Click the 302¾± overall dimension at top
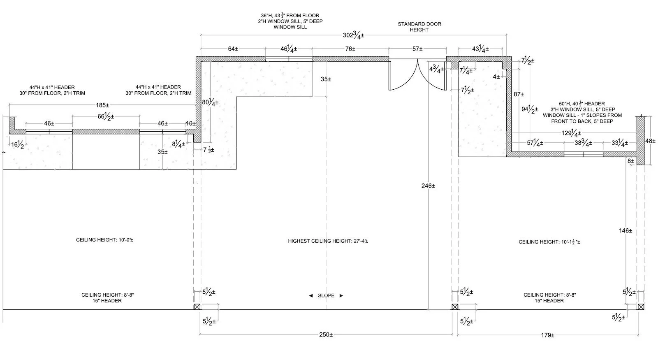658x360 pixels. [x=353, y=35]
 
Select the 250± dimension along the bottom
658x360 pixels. [x=325, y=334]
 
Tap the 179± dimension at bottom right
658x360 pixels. [x=547, y=335]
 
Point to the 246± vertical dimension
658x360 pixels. [x=428, y=186]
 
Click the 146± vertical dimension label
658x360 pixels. [x=625, y=231]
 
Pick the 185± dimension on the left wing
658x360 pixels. [x=103, y=105]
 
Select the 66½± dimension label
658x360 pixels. [x=106, y=117]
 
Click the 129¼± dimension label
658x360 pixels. [x=571, y=133]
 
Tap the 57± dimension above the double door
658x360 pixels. [x=417, y=49]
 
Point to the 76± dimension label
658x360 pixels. [x=350, y=49]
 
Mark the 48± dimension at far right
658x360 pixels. [x=650, y=141]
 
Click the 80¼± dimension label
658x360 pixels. [x=210, y=103]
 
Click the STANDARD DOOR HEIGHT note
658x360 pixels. [x=419, y=27]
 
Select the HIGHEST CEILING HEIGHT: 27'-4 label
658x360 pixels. [x=328, y=241]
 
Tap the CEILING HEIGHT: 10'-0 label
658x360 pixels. [x=104, y=240]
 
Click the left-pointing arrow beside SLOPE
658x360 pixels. [x=311, y=295]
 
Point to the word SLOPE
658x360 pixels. [x=326, y=295]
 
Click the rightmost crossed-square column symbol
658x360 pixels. [x=641, y=307]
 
